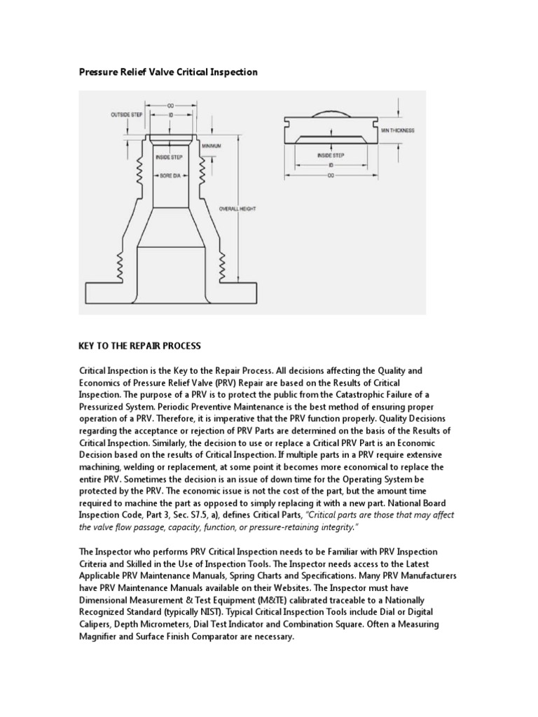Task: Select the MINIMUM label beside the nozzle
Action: pos(212,145)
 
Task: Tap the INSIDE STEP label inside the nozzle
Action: pos(168,158)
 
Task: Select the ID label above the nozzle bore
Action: pos(170,114)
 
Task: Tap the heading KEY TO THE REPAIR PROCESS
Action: pos(139,346)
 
